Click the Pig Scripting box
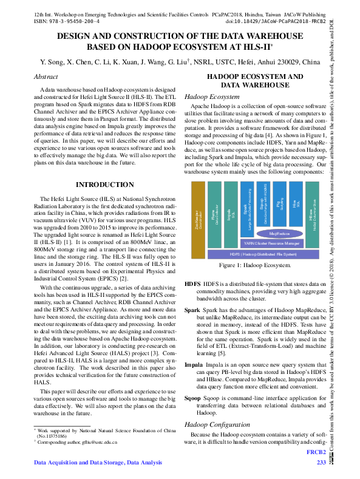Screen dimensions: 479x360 [x=279, y=203]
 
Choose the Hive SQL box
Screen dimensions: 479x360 [x=296, y=203]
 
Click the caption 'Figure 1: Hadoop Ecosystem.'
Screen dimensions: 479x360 [x=255, y=266]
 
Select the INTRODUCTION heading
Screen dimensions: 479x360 [x=104, y=185]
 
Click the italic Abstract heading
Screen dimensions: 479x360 [x=46, y=77]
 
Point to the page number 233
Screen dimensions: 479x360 [x=322, y=463]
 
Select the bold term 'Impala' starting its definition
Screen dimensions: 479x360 [x=194, y=365]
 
